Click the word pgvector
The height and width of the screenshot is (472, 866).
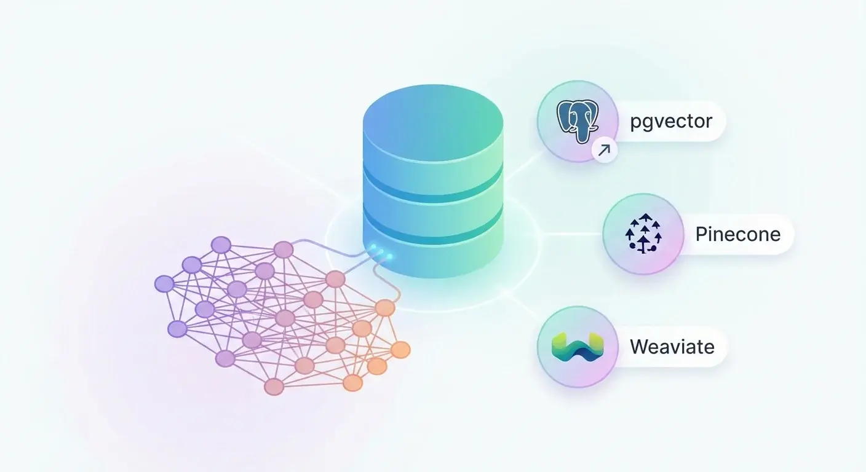pos(671,121)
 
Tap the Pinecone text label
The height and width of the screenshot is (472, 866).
pos(737,234)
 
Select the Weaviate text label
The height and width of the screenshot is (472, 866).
pos(672,347)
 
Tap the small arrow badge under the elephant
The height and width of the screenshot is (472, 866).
pos(604,150)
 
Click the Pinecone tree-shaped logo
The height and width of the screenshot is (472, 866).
pos(642,234)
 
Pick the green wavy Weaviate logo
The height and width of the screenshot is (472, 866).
pos(577,347)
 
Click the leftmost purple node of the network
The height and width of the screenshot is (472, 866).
pos(164,284)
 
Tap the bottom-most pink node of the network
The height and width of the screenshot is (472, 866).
pos(274,387)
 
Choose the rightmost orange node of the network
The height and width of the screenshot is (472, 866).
pos(400,350)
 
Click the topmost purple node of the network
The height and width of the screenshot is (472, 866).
pos(221,245)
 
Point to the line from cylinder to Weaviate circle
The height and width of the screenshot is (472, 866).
pos(523,305)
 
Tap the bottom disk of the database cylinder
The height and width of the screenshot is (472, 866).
pos(433,258)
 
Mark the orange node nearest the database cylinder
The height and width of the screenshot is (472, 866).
pos(385,307)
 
